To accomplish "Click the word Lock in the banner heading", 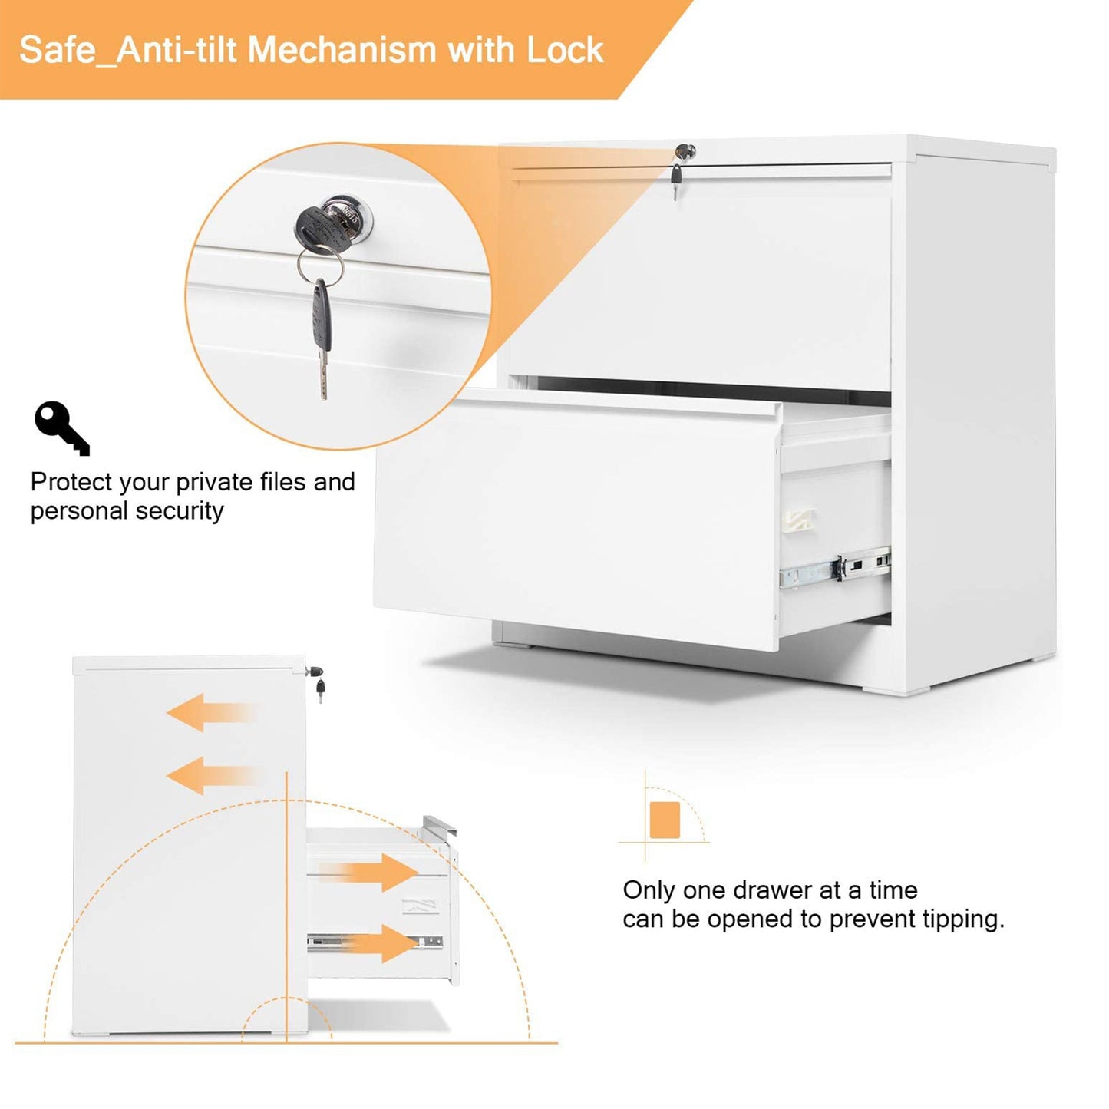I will (565, 50).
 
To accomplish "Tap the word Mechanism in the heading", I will (342, 50).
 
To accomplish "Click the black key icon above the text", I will (61, 427).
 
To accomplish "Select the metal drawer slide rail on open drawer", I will (835, 569).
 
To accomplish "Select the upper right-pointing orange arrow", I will (376, 872).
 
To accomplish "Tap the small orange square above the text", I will (664, 820).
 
